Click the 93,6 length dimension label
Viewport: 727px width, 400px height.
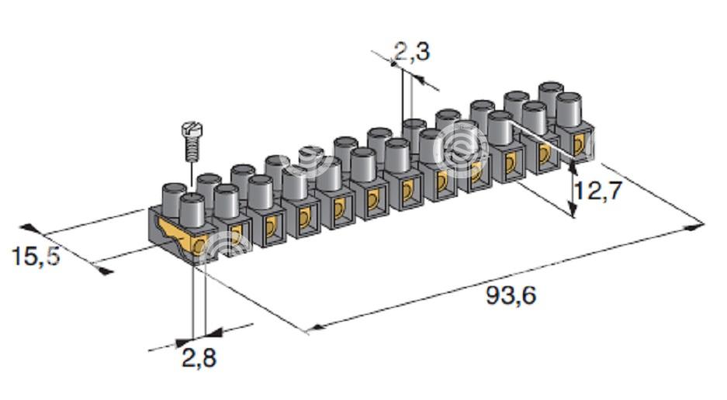point(511,295)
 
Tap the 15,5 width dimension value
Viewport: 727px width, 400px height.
point(36,257)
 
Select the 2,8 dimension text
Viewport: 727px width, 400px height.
point(199,358)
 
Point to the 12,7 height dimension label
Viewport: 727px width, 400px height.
point(597,190)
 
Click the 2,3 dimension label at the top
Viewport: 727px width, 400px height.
point(412,51)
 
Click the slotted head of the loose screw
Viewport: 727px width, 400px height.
point(191,129)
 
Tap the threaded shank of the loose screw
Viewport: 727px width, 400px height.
point(191,149)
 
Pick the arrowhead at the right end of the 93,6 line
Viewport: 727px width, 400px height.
point(695,226)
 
